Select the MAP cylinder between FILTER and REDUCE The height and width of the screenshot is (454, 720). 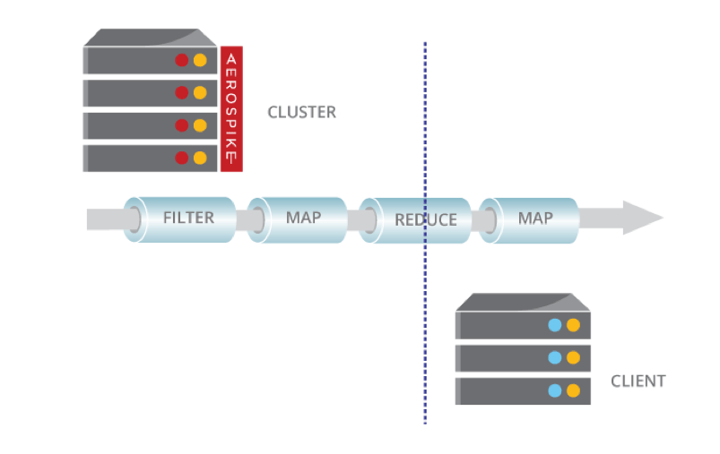coord(303,218)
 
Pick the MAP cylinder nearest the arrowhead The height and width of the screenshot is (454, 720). coord(535,218)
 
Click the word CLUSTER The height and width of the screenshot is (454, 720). coord(301,113)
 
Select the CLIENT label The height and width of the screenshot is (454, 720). coord(638,381)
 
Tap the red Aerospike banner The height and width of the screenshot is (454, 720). coord(231,108)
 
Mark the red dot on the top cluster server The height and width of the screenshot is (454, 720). coord(182,61)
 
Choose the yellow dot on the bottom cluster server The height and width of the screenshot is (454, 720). coord(200,158)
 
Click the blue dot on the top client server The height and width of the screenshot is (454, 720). coord(555,326)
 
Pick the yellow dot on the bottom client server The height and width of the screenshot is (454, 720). coord(573,390)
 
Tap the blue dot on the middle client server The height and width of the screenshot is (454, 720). coord(555,358)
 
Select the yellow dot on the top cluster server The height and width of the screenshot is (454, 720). coord(200,61)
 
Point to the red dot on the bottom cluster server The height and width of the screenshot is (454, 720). coord(182,158)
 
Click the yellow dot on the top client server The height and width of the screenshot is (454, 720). coord(573,326)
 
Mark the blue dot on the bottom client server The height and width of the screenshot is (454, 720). coord(555,390)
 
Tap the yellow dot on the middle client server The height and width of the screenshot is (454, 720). coord(573,358)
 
